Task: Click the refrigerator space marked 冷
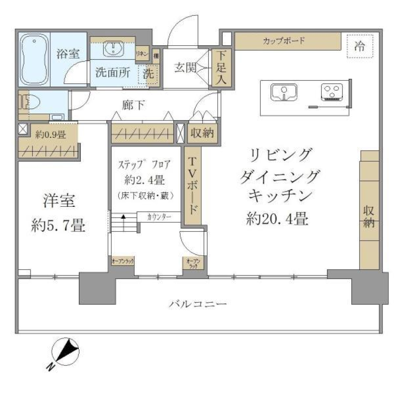click(360, 46)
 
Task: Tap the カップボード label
click(284, 41)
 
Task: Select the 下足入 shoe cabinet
click(222, 68)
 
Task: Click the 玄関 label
click(184, 68)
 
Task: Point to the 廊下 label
click(133, 105)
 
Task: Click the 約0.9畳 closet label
click(50, 133)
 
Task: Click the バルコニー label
click(198, 304)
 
